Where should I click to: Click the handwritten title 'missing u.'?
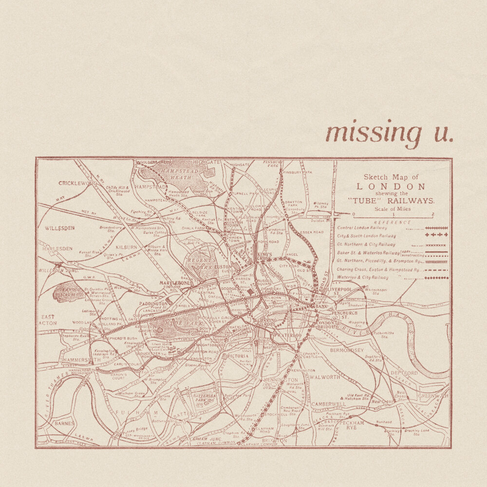point(389,133)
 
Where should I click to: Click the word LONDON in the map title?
point(391,187)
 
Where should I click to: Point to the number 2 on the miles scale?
point(432,215)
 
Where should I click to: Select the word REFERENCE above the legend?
point(392,222)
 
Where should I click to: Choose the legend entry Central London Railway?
point(362,228)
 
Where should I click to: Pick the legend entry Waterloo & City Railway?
point(362,278)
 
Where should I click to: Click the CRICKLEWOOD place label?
point(78,183)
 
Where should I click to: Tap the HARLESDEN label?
point(57,248)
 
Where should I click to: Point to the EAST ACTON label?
point(48,320)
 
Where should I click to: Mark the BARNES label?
point(64,424)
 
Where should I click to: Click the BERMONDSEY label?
point(347,350)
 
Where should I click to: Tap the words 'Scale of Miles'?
point(392,209)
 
